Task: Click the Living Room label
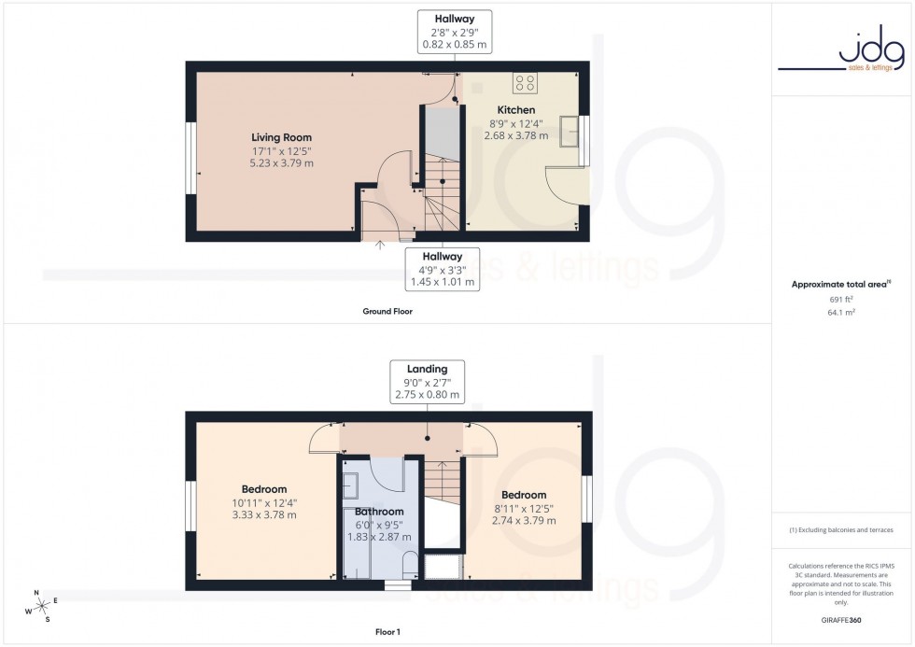coord(281,137)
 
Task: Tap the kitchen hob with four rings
coord(526,84)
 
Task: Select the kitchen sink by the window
coord(569,132)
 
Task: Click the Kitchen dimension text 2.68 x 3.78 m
coord(510,135)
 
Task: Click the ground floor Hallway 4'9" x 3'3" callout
coord(443,267)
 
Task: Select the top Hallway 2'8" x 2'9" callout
coord(454,31)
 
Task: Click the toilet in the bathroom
coord(409,563)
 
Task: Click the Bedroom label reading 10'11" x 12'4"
coord(264,489)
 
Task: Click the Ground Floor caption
coord(387,312)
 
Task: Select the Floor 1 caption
coord(387,632)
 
